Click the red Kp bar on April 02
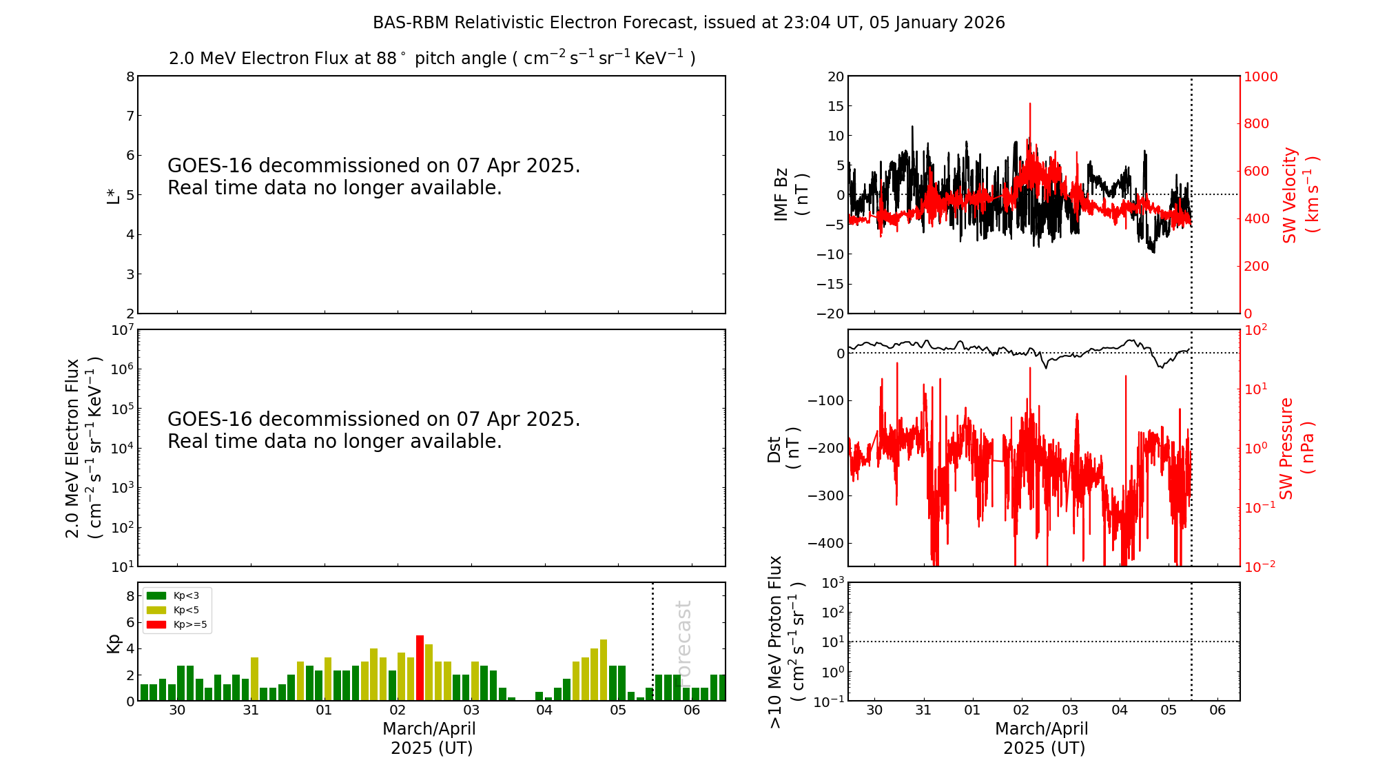pos(420,668)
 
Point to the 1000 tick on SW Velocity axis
pos(1260,76)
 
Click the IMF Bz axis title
pos(790,194)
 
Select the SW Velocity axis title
pos(1299,194)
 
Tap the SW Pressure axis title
pos(1295,448)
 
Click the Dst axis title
pos(783,448)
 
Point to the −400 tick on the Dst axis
pos(825,543)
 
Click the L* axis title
pos(113,194)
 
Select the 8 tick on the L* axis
pos(130,76)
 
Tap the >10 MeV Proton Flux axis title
pos(785,642)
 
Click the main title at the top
pos(688,23)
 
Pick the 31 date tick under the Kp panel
pos(251,710)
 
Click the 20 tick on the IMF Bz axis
pos(835,76)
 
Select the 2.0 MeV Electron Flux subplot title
pos(432,59)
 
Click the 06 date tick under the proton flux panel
pos(1217,710)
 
